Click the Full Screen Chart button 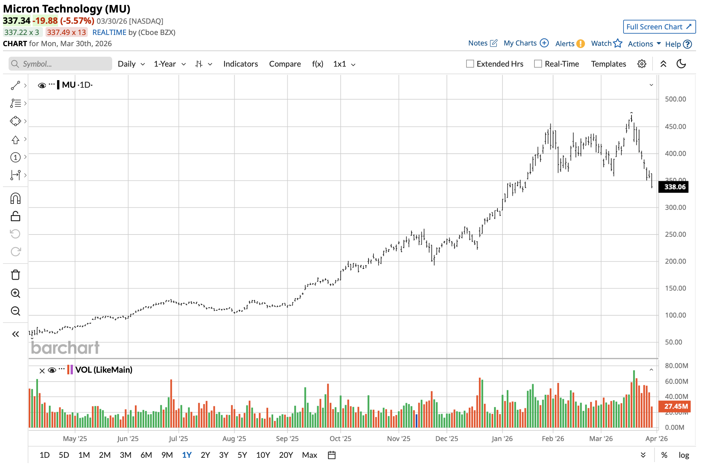(659, 27)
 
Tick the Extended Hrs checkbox (470, 64)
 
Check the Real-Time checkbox (538, 64)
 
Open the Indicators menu (240, 64)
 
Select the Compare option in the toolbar (285, 64)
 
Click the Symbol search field (60, 64)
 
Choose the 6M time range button (146, 455)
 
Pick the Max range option (309, 455)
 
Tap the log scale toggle (684, 455)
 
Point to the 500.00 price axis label (675, 99)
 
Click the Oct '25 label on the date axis (340, 439)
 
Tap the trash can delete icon (16, 275)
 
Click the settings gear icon (642, 64)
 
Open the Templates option (608, 64)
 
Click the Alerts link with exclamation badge (570, 44)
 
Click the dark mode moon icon (681, 64)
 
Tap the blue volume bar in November (416, 421)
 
